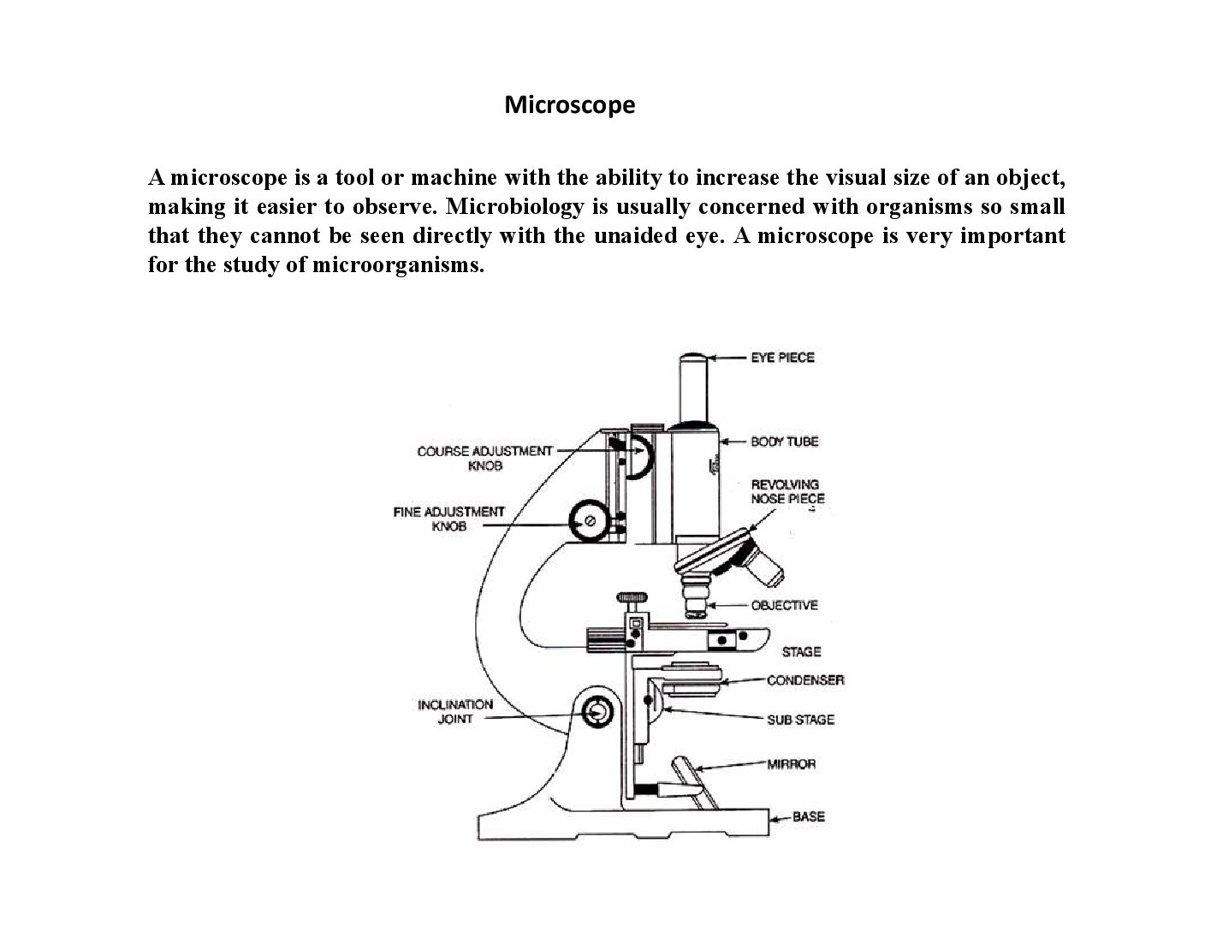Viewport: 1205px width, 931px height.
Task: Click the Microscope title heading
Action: tap(569, 105)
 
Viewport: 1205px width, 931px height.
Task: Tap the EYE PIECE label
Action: tap(782, 357)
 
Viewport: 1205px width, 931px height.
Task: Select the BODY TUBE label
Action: tap(784, 442)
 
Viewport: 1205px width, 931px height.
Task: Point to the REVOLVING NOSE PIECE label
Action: tap(787, 491)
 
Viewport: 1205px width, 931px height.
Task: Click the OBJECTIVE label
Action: tap(784, 605)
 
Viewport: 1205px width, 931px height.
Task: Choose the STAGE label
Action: tap(801, 651)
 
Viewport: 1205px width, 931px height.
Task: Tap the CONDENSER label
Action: tap(805, 680)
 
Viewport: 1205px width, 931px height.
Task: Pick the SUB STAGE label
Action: tap(800, 720)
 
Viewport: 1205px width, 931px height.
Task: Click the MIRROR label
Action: tap(792, 764)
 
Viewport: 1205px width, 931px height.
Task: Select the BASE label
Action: tap(808, 816)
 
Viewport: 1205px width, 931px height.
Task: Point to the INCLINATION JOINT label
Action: tap(455, 712)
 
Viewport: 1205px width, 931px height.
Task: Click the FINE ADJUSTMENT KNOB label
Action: tap(449, 519)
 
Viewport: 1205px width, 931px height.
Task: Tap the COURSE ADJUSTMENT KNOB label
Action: tap(484, 459)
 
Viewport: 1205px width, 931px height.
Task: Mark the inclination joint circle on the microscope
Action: tap(597, 712)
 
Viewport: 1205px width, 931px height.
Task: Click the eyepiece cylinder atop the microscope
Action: tap(694, 389)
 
